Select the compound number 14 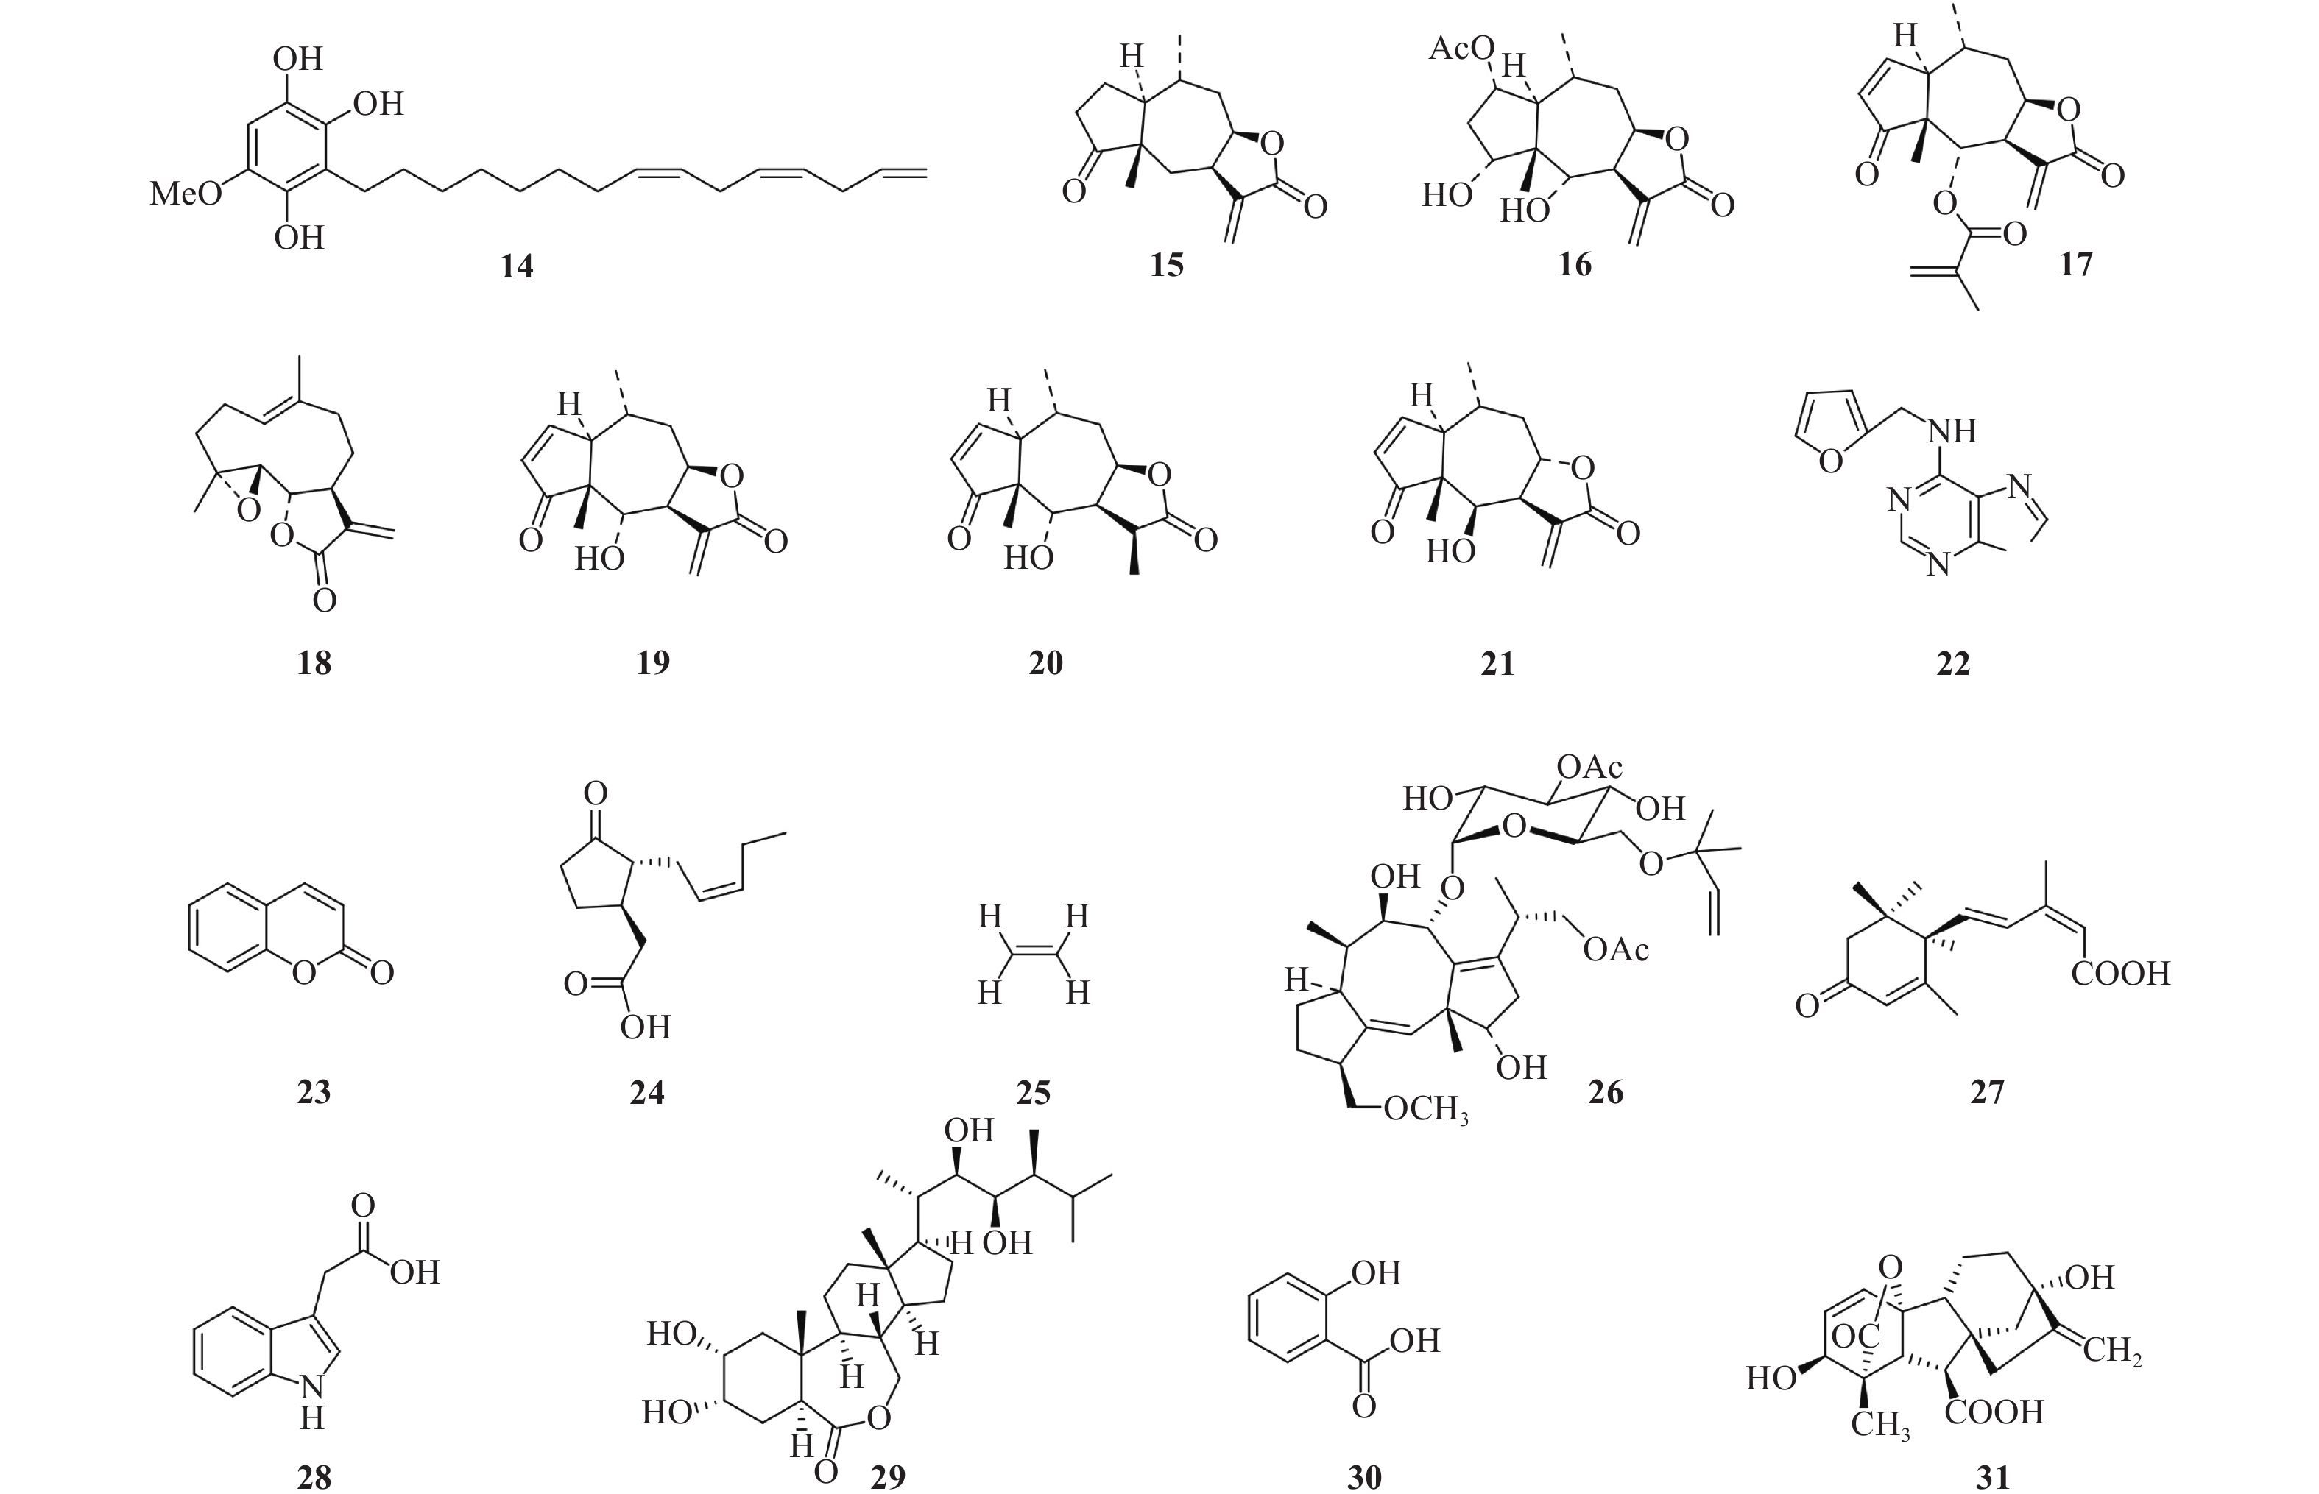[516, 266]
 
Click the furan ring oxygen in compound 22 [1830, 461]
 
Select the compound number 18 [314, 664]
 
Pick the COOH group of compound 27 [2120, 973]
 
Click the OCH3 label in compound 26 [1425, 1109]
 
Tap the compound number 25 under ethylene [1034, 1094]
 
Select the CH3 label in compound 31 [1879, 1425]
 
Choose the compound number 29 [888, 1476]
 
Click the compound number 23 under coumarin [314, 1094]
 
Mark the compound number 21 [1497, 664]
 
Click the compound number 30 [1364, 1476]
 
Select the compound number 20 [1046, 664]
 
